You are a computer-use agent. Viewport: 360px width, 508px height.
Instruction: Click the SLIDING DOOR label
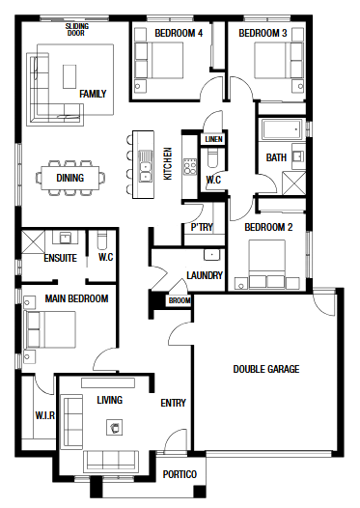76,30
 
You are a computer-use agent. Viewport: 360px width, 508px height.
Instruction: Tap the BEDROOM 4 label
179,33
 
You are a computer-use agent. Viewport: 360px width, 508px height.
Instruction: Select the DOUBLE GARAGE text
266,369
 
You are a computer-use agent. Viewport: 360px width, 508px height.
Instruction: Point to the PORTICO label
180,474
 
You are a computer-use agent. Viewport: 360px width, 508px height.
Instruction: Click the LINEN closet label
213,139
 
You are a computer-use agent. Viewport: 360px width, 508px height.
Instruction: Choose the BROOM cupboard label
180,300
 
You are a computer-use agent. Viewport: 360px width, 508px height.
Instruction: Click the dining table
69,178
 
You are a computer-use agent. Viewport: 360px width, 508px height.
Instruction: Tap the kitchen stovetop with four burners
190,166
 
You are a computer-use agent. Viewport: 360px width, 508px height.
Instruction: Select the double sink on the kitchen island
146,165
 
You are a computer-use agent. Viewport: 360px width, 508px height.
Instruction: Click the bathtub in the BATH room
282,129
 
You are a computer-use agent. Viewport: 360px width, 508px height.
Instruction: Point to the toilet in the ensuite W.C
102,240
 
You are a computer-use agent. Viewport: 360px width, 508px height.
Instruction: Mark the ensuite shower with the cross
33,241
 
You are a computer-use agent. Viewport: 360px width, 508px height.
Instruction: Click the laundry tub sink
211,255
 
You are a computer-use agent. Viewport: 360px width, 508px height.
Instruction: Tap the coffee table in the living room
115,428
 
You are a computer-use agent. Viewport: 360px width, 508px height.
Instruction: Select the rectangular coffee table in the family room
69,76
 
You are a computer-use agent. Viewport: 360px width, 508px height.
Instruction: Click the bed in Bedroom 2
266,264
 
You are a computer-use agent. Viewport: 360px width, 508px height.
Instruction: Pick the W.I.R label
45,415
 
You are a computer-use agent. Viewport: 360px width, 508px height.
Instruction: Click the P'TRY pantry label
202,227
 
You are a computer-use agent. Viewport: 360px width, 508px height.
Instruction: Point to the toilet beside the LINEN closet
212,158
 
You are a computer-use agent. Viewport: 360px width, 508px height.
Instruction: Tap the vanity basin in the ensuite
66,238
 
